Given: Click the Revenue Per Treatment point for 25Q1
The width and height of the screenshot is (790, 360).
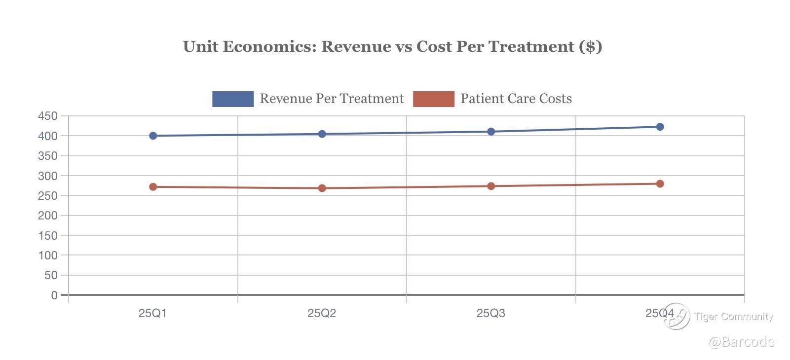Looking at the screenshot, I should tap(153, 136).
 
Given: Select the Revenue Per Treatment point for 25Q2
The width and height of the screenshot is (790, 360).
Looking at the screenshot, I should tap(322, 134).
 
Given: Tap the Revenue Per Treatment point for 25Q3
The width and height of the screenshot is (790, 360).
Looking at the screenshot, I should tap(491, 132).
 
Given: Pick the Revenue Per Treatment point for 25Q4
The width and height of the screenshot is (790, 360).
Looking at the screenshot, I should tap(660, 127).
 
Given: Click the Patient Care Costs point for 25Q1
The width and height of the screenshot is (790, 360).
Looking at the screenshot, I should tap(153, 187).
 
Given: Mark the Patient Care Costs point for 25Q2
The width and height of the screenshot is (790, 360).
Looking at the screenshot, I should tap(322, 188).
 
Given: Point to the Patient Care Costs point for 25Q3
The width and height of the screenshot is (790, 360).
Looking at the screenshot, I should tap(491, 186).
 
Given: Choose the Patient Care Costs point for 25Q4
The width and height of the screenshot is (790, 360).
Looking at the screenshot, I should tap(660, 183).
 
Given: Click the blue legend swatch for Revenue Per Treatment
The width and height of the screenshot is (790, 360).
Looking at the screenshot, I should tap(233, 99).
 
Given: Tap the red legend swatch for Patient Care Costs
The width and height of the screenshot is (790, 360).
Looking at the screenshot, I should tap(434, 99).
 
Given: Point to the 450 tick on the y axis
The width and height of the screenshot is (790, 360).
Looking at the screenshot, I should tap(48, 116).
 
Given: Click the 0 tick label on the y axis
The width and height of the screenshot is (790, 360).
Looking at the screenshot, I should tap(54, 295).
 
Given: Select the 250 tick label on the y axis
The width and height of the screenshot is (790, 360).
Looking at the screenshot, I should tap(48, 196).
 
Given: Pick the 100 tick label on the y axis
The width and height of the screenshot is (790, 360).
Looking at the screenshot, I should tap(48, 255).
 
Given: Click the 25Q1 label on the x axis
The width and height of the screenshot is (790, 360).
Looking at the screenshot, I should tap(152, 313).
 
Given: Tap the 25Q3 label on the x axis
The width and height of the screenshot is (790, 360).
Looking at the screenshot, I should tap(490, 313).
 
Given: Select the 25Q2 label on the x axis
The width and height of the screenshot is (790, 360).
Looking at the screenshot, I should tap(322, 313).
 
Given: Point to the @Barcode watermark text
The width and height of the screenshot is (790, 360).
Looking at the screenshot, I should tap(742, 342).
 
